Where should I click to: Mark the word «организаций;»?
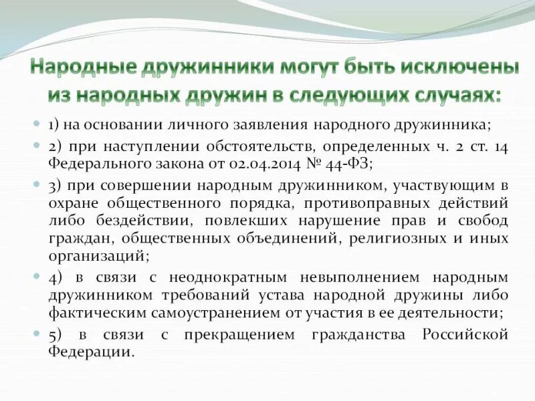click(x=98, y=255)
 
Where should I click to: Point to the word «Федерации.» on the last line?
click(x=91, y=352)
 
